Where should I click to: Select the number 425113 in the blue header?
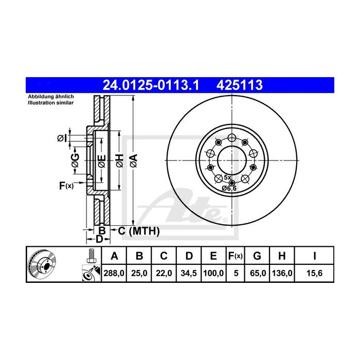pos(242,84)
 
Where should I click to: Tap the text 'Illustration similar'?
pos(50,103)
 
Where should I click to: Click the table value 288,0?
pos(115,273)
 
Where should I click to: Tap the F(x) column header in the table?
pos(236,256)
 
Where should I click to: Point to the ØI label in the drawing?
pos(61,138)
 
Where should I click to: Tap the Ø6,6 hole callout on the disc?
pos(229,189)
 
